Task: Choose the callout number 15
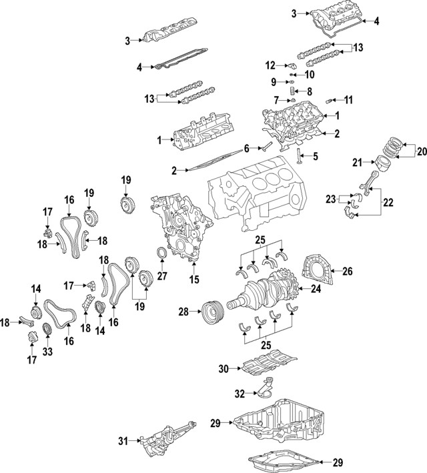pyautogui.click(x=194, y=281)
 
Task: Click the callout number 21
pyautogui.click(x=357, y=162)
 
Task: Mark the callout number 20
pyautogui.click(x=421, y=152)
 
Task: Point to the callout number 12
pyautogui.click(x=270, y=65)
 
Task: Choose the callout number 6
pyautogui.click(x=246, y=147)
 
